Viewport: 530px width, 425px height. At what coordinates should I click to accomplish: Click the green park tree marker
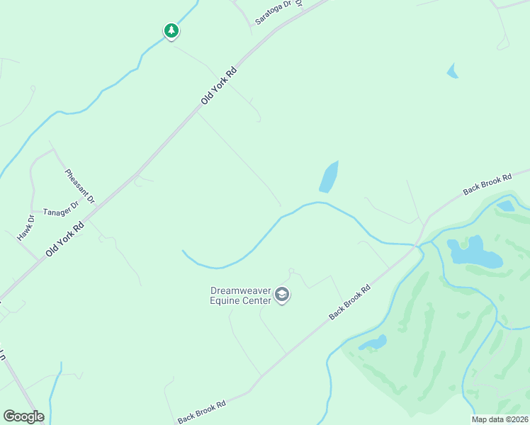(171, 30)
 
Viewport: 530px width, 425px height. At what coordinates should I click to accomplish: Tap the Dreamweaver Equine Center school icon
(282, 295)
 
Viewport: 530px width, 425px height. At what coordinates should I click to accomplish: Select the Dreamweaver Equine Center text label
(241, 295)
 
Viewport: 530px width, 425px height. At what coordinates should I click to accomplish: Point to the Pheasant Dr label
(79, 186)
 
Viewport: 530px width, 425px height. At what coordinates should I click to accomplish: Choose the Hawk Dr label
(26, 227)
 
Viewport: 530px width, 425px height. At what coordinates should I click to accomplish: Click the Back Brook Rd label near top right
(487, 185)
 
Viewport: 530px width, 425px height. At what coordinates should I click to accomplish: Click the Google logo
(23, 416)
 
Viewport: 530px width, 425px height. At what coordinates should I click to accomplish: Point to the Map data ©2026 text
(500, 419)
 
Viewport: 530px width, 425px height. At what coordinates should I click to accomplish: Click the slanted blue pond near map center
(329, 176)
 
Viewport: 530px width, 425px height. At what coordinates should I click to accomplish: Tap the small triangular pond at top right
(452, 70)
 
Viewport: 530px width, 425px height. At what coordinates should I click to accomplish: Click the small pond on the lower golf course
(373, 343)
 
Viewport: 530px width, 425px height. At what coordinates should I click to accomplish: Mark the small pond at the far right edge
(505, 206)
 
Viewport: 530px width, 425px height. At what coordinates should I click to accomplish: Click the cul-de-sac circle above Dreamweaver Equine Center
(291, 271)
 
